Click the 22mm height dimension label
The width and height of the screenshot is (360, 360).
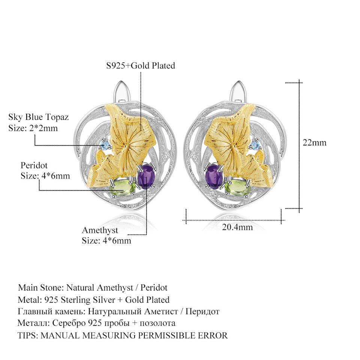pyautogui.click(x=315, y=142)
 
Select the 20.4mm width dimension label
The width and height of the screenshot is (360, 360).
pyautogui.click(x=237, y=227)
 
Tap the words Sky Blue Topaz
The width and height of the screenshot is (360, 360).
pyautogui.click(x=39, y=117)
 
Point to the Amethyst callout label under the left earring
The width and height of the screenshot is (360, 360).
pyautogui.click(x=100, y=230)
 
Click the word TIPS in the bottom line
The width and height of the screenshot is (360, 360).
pyautogui.click(x=27, y=335)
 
